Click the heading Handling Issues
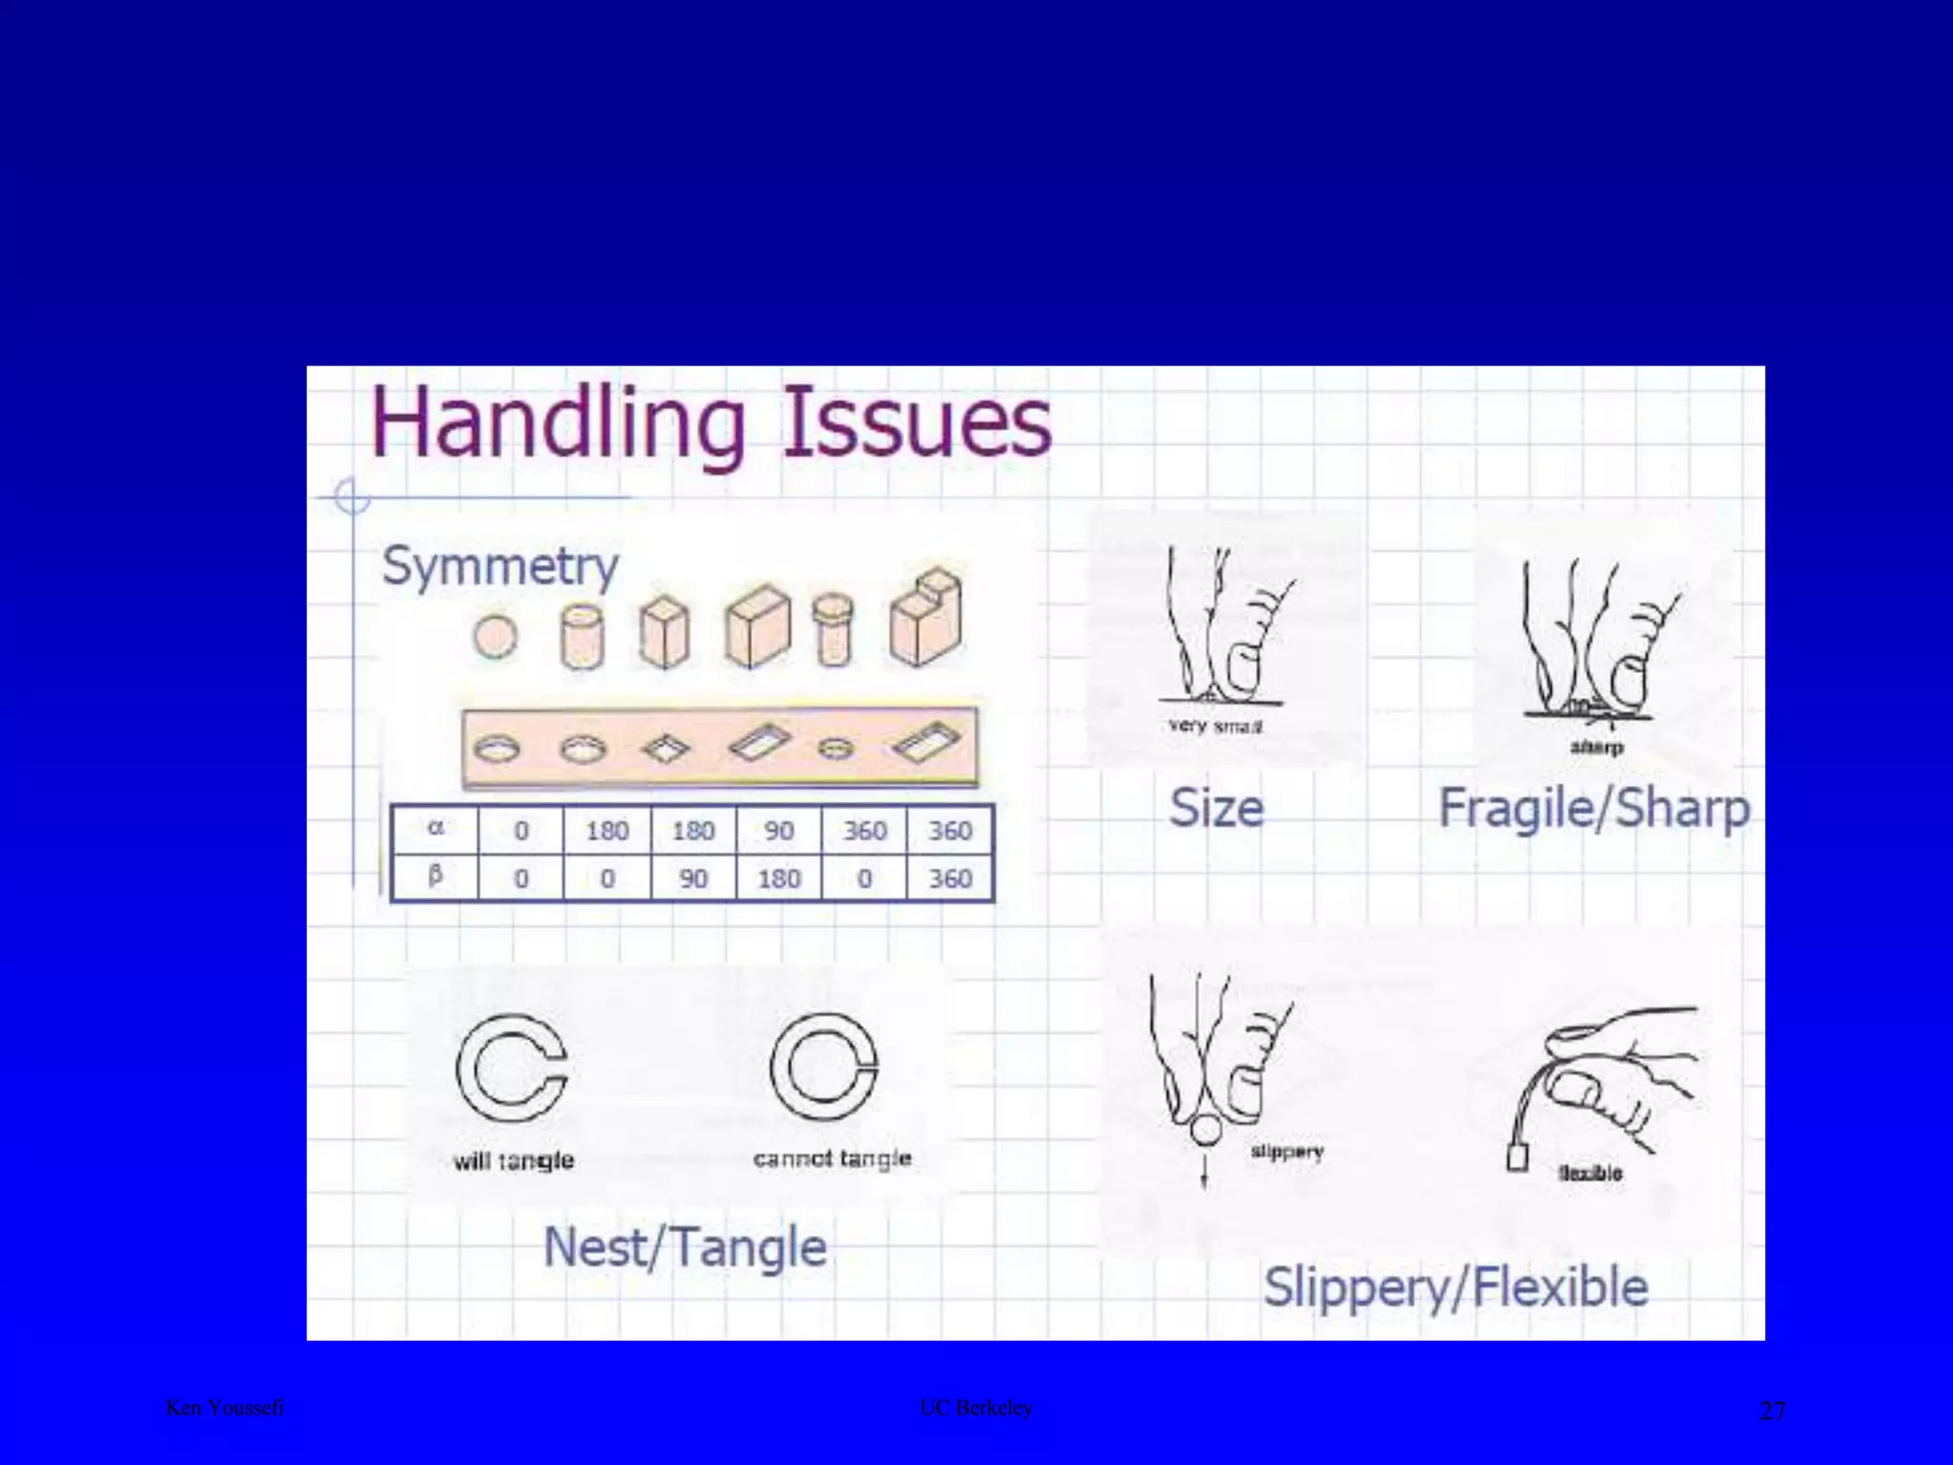click(710, 424)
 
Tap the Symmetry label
click(500, 567)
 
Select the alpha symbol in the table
click(435, 828)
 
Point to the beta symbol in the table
click(435, 876)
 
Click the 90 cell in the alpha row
click(778, 831)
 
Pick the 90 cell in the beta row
click(692, 878)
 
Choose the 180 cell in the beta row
click(778, 878)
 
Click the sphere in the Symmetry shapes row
click(495, 636)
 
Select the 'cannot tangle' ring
click(824, 1066)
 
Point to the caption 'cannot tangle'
click(832, 1159)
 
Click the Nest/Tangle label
click(685, 1248)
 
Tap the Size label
click(1216, 808)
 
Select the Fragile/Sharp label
click(1593, 809)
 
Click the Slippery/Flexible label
click(1455, 1287)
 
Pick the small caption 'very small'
click(1215, 726)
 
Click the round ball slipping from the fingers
click(1206, 1129)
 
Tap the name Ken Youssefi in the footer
click(225, 1408)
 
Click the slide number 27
click(1772, 1411)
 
